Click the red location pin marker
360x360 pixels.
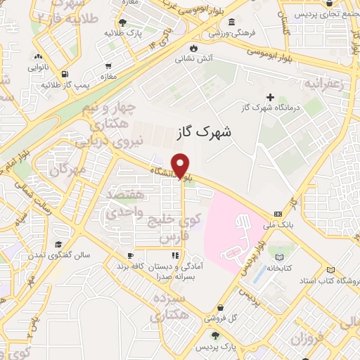coord(181,166)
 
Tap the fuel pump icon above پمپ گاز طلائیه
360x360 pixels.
coord(65,74)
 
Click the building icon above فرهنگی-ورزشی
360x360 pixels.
coord(213,22)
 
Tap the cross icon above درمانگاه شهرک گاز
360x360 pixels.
coord(270,97)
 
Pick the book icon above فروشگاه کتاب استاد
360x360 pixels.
coord(331,269)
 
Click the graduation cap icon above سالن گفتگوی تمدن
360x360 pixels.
coord(57,244)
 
